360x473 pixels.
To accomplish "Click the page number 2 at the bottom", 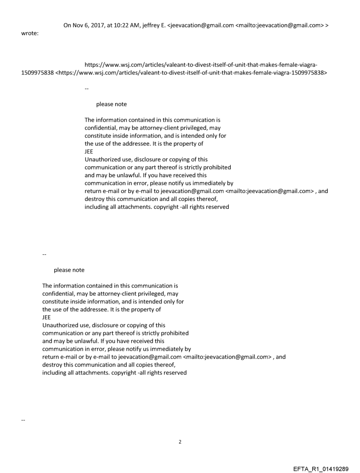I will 180,442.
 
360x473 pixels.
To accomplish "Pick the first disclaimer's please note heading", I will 111,104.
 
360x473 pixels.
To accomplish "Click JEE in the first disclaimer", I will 89,151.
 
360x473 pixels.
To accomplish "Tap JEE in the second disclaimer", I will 47,317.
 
